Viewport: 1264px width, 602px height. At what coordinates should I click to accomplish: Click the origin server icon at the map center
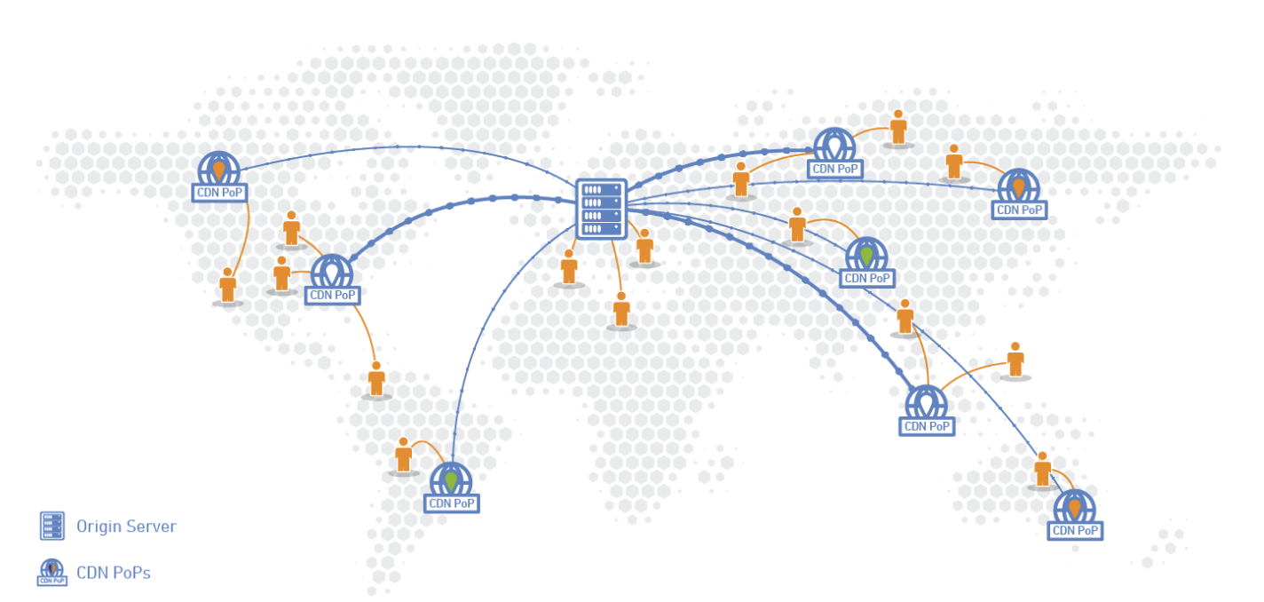601,209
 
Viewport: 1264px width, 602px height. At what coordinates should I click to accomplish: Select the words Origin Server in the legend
126,527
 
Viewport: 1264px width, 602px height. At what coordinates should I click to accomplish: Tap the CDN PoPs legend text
113,573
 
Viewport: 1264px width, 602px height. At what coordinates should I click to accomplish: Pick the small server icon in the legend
52,526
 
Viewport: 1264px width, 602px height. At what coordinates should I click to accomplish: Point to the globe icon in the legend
52,571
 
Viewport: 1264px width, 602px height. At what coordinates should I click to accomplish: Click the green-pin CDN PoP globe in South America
451,480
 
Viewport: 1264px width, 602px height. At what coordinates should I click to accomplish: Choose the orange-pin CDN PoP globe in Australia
1074,507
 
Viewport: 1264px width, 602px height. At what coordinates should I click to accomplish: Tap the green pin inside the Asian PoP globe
866,256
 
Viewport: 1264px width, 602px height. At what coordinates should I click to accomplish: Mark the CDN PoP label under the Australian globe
1075,531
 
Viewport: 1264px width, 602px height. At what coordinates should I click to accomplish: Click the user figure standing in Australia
1042,470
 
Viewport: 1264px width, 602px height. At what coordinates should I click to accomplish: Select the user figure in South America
403,455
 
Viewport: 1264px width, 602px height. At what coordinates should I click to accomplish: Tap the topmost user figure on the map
898,128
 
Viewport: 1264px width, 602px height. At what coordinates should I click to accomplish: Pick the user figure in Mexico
376,379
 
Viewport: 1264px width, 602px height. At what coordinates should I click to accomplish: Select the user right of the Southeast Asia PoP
1015,360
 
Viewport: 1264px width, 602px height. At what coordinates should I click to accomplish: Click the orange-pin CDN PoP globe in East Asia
1018,186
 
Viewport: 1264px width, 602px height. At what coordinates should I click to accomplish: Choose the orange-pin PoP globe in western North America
218,169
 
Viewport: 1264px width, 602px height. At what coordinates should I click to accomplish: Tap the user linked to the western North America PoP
228,286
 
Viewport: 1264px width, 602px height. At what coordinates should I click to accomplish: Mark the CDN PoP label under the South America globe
452,503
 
